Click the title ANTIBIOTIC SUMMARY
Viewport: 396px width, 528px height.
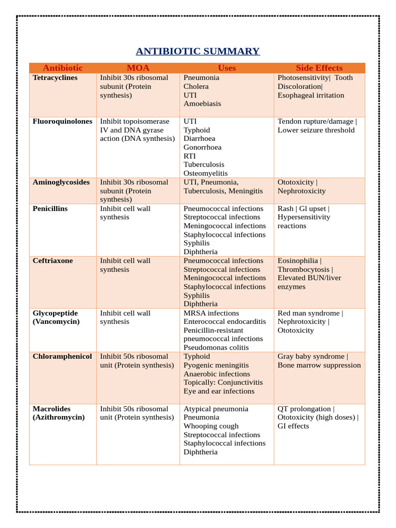(x=197, y=51)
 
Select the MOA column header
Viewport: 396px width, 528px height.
(x=138, y=68)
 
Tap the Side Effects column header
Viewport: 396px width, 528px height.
(x=319, y=68)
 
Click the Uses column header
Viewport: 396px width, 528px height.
(x=226, y=68)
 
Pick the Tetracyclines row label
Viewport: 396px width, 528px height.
(x=55, y=78)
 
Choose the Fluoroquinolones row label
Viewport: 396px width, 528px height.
(x=62, y=122)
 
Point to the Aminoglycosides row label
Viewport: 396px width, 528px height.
(x=61, y=183)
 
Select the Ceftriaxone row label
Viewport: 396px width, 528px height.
(x=53, y=261)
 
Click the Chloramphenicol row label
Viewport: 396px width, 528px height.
(x=62, y=357)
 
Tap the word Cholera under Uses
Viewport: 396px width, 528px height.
(x=196, y=87)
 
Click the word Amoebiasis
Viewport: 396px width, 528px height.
(x=202, y=104)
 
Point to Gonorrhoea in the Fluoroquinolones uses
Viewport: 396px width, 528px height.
(x=202, y=147)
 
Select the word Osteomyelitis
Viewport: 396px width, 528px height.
(x=205, y=174)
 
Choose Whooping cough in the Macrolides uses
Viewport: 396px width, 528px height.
(x=211, y=426)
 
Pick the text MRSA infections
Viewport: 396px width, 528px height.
(x=211, y=313)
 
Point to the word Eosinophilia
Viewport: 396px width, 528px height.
(x=298, y=261)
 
